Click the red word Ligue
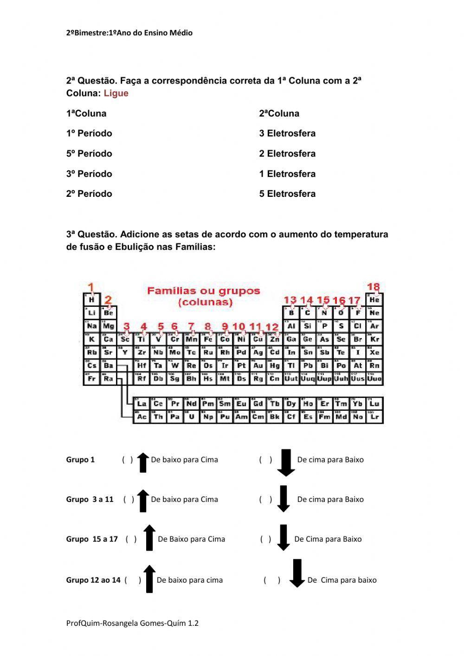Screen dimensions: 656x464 click(116, 93)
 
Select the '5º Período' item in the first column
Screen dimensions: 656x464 click(89, 154)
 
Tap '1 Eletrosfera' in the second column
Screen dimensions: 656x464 click(287, 174)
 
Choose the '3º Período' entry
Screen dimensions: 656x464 click(89, 174)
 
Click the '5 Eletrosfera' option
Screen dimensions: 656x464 click(287, 194)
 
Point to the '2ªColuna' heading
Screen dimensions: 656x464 click(279, 114)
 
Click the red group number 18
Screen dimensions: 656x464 click(373, 287)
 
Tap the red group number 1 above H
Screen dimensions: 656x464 click(91, 287)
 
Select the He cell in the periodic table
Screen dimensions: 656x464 click(374, 300)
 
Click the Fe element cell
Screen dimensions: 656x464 click(208, 339)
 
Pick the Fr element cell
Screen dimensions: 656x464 click(91, 379)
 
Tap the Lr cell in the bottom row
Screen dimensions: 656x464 click(374, 417)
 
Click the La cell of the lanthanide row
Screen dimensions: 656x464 click(142, 404)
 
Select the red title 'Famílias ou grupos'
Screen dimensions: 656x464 click(204, 291)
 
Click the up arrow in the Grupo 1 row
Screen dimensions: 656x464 click(143, 462)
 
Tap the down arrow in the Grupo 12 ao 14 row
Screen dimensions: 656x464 click(297, 573)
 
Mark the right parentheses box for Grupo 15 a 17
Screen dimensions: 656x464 click(265, 539)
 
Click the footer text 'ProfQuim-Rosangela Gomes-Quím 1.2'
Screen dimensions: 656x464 click(132, 623)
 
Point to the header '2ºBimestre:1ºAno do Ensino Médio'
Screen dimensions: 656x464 click(129, 33)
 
